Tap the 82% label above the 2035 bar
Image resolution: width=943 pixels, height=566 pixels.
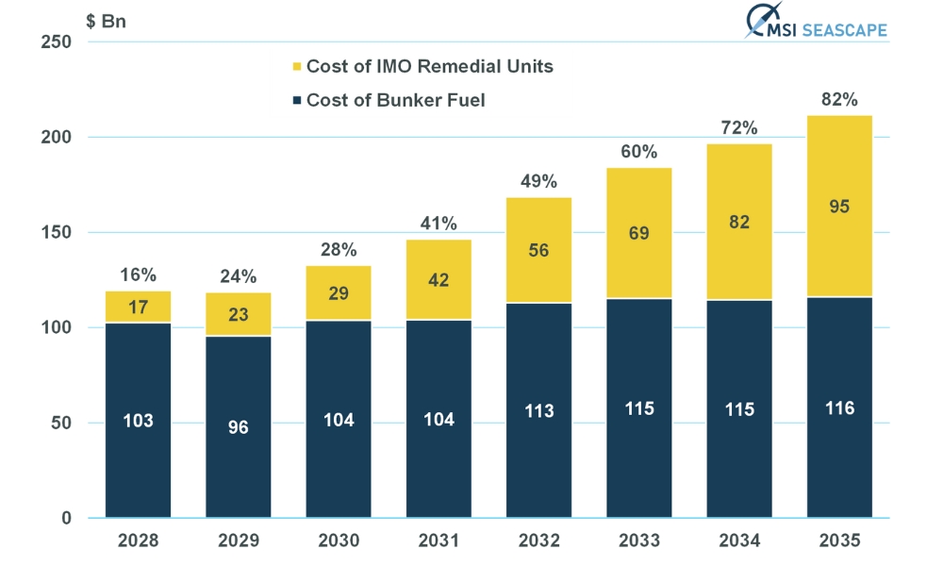[839, 99]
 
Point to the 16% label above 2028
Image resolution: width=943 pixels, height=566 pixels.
[138, 275]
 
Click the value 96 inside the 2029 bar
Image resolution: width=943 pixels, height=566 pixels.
[238, 427]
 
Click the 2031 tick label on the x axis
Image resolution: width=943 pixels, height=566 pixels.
[438, 541]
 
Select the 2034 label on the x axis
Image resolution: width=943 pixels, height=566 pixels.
[739, 541]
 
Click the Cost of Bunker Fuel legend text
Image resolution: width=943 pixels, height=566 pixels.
[395, 100]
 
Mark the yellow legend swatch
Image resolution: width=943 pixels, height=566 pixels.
[296, 67]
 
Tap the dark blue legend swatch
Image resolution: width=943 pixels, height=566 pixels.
[296, 100]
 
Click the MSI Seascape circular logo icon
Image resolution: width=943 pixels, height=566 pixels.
[760, 22]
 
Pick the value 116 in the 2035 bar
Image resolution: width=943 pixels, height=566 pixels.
[839, 408]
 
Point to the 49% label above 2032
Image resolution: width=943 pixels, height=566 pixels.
[538, 181]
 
